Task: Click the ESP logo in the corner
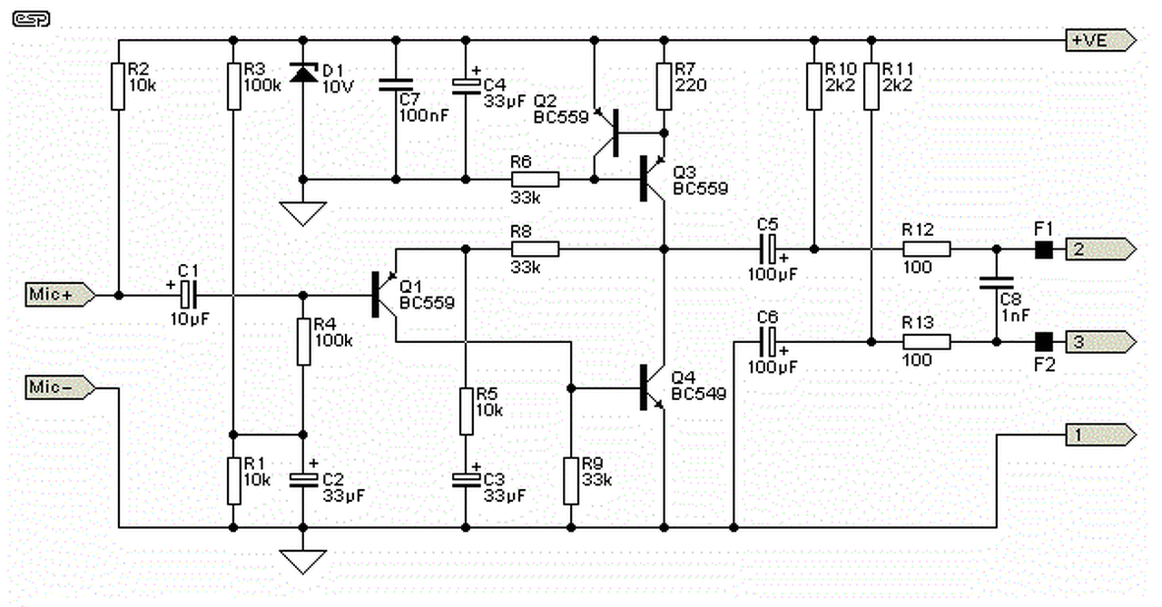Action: point(31,19)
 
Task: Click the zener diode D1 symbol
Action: point(303,73)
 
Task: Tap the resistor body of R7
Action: point(664,86)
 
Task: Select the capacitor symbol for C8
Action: point(997,283)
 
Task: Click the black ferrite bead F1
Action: point(1044,250)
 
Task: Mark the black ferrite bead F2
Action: point(1044,342)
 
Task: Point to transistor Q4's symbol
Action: point(652,387)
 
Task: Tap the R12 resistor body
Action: point(927,250)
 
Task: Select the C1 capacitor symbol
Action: point(189,295)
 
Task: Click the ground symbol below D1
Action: point(303,213)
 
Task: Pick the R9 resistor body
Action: point(571,481)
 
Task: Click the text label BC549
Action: point(699,394)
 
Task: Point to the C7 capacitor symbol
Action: point(396,85)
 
